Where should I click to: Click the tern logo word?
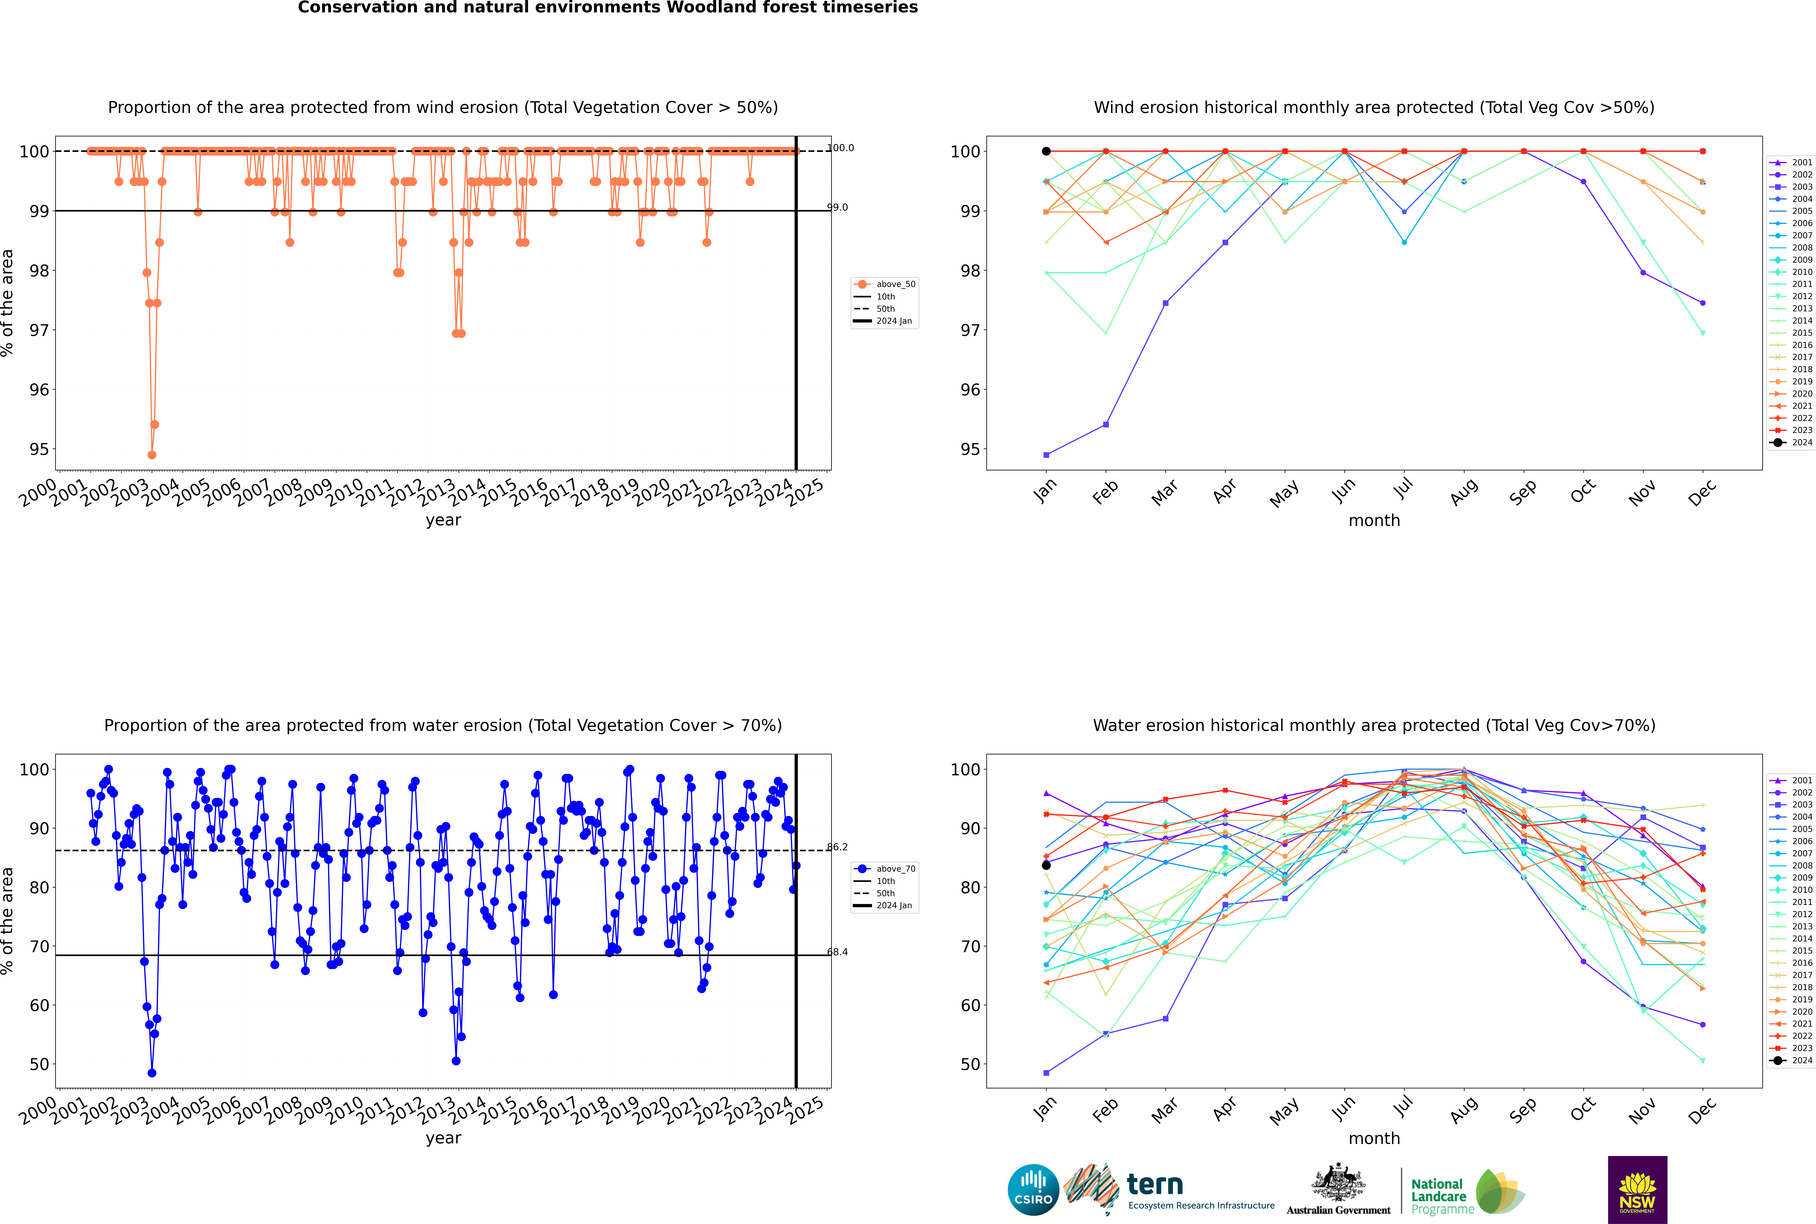[x=1155, y=1185]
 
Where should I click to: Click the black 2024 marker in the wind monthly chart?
[x=1046, y=151]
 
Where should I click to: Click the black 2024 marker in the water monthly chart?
[x=1046, y=865]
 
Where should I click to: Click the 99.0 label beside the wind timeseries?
[x=837, y=208]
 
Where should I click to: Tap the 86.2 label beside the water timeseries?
[x=837, y=847]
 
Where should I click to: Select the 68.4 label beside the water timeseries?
[x=837, y=952]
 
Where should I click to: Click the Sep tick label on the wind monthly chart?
[x=1522, y=492]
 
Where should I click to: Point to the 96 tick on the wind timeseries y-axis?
[x=39, y=390]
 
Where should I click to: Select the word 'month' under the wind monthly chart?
[x=1374, y=521]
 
